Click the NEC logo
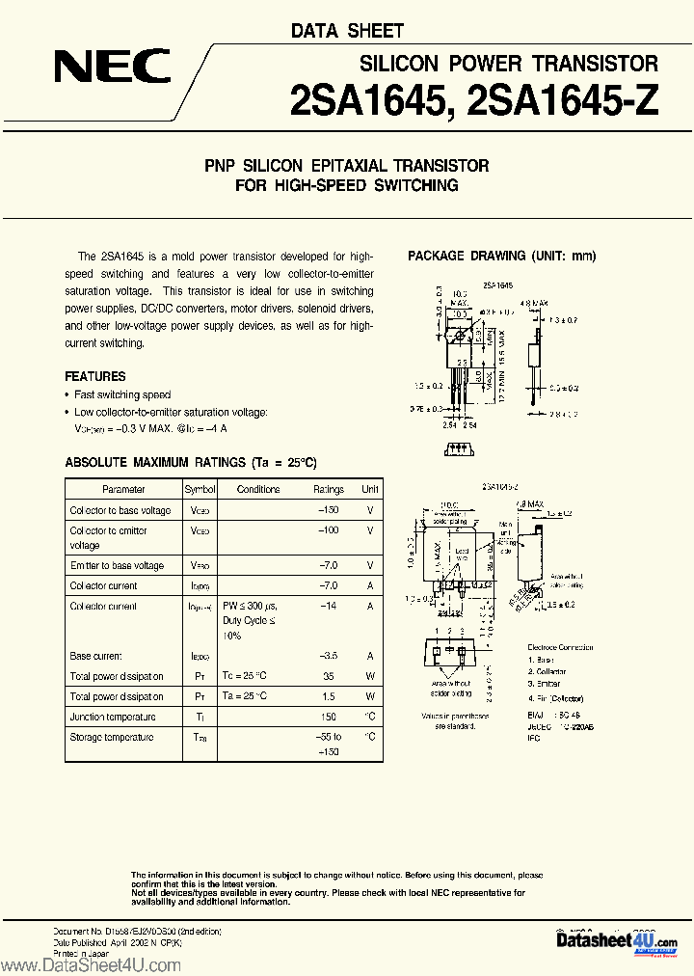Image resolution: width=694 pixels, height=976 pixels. coord(112,68)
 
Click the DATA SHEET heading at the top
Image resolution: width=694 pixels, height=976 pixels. coord(347,31)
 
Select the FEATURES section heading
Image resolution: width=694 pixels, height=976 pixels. coord(95,376)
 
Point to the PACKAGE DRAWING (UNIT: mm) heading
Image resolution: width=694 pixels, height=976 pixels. coord(501,256)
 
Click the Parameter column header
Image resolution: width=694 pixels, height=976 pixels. coord(123,489)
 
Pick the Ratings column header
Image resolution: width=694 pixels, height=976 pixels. coord(328,489)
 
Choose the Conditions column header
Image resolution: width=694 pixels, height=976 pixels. coord(258,489)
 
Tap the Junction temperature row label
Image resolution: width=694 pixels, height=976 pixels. coord(112,717)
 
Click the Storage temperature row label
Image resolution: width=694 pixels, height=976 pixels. coord(111,737)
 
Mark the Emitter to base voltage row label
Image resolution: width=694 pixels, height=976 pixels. coord(117,565)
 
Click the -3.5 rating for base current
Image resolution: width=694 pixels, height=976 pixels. coord(328,655)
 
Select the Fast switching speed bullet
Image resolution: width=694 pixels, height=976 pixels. coord(122,394)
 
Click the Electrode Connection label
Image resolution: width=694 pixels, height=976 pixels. coord(561,647)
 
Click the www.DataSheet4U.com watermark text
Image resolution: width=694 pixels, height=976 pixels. coord(93,964)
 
